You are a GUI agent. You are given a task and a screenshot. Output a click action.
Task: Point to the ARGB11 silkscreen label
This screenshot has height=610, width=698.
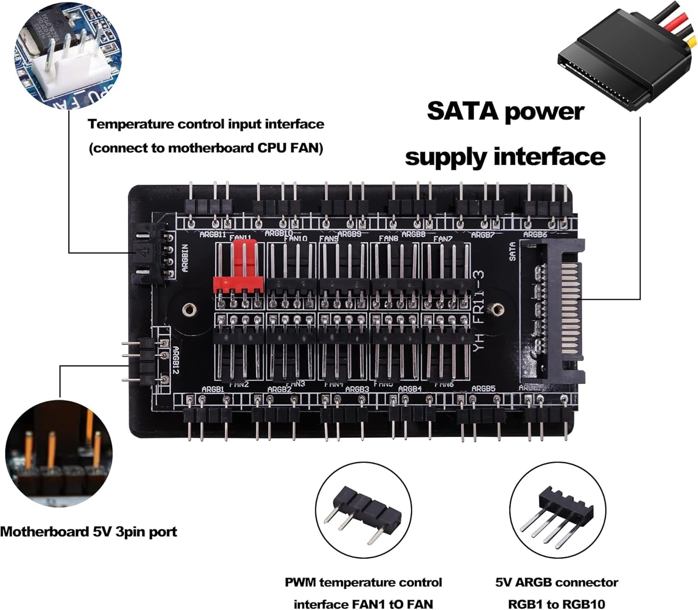[x=212, y=235]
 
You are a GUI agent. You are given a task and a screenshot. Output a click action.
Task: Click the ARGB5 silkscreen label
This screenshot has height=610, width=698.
[x=483, y=389]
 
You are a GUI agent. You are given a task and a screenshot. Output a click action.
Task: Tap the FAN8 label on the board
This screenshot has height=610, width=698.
[x=388, y=239]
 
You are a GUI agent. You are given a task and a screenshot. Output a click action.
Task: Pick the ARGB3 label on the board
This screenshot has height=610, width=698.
[x=357, y=389]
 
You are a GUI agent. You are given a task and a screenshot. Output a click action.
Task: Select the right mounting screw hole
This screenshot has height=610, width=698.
[x=497, y=308]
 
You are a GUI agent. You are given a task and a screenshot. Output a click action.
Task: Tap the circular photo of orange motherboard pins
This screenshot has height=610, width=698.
[x=59, y=453]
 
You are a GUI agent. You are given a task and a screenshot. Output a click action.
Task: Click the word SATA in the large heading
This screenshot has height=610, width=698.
[x=463, y=112]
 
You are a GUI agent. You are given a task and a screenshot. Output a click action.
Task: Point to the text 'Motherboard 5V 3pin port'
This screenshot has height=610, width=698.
[x=88, y=532]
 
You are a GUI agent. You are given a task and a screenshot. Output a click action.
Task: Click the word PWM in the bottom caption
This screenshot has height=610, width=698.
[x=301, y=583]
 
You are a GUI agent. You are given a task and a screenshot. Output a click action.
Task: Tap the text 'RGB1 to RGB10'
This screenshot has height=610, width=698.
[x=557, y=604]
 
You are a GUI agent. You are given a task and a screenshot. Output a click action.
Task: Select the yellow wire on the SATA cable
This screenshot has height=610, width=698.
[x=692, y=43]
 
